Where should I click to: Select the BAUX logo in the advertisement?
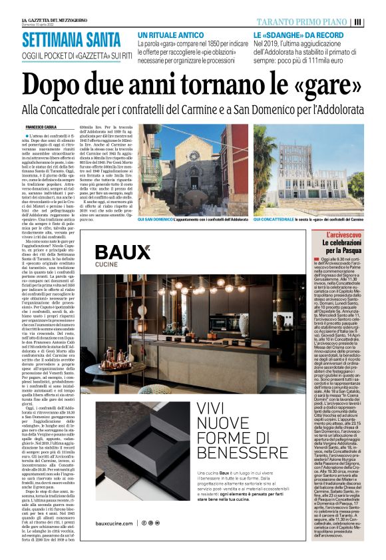point(122,255)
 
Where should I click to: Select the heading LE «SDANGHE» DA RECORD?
point(296,34)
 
